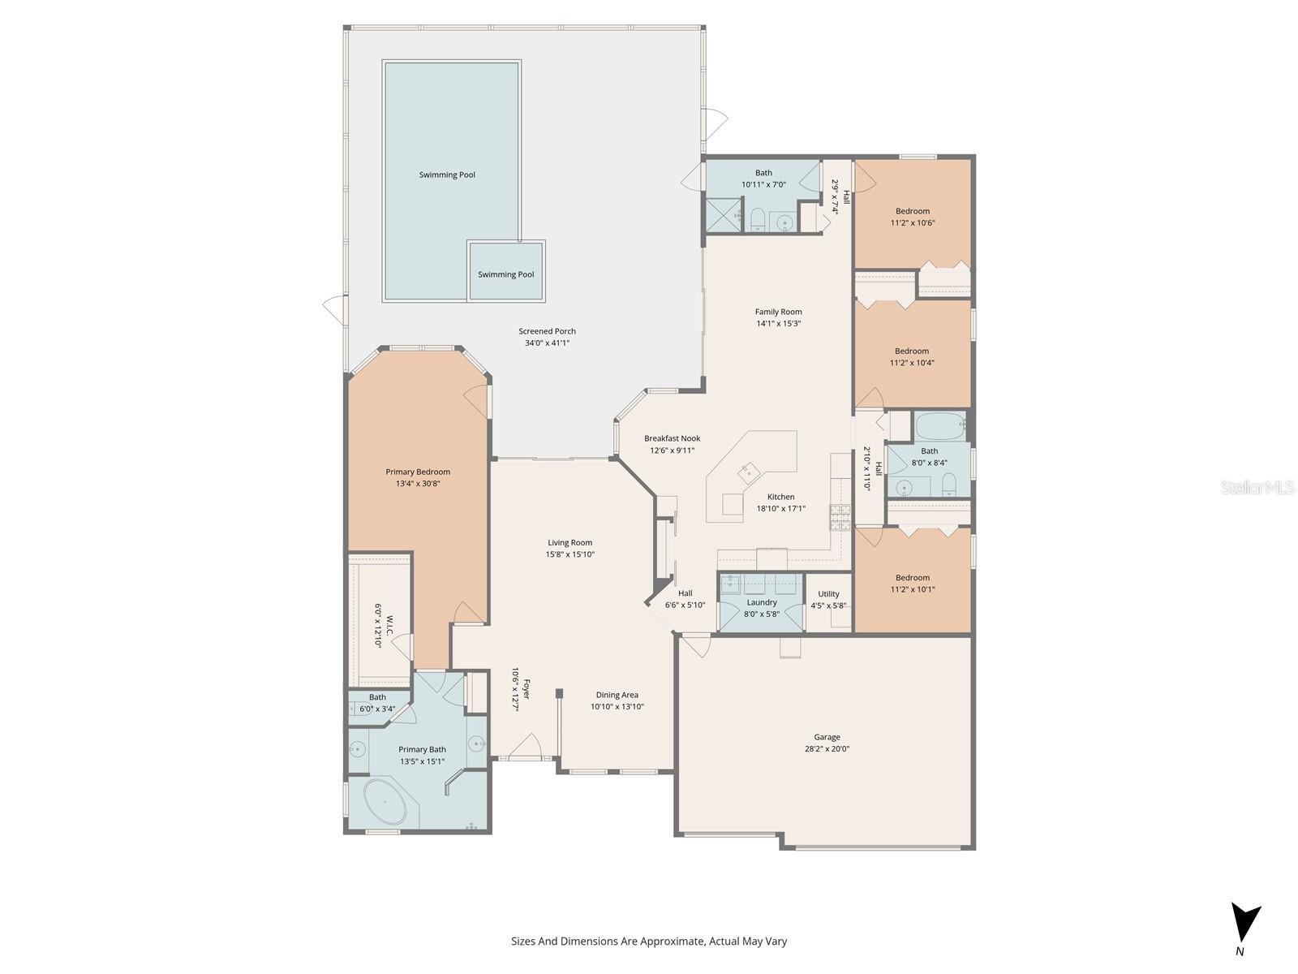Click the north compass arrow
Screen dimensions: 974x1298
pos(1245,924)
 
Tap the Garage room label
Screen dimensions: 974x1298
pos(827,737)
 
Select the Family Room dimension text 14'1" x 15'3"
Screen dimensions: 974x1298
pos(779,323)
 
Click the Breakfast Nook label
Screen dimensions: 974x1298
pos(672,438)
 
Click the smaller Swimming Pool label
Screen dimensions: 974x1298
pos(505,274)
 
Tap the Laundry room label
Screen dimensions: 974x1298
pos(761,602)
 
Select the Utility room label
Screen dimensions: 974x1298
pos(828,593)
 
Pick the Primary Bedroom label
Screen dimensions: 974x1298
pos(418,472)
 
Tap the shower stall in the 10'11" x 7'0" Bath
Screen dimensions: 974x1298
pos(723,215)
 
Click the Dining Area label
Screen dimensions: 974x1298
pos(617,695)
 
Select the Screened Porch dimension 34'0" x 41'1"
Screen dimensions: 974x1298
pos(547,343)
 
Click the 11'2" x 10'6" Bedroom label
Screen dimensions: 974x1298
pos(912,211)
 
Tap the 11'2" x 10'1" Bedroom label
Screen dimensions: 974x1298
pos(912,578)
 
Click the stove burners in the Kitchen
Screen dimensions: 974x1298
pos(840,516)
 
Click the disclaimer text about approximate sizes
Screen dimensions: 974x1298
pos(648,942)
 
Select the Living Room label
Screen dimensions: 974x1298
pos(569,542)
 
